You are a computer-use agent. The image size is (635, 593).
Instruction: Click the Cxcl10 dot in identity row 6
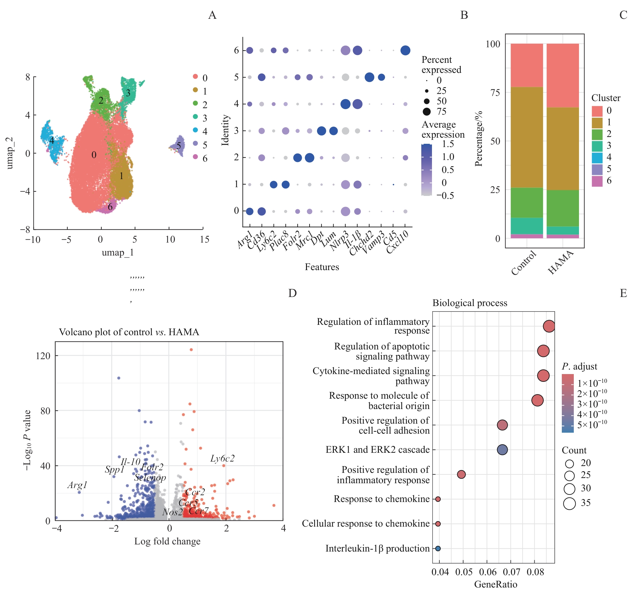[405, 50]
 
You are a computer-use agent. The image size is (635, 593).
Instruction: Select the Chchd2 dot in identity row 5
[369, 77]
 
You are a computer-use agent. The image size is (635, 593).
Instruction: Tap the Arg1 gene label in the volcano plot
[77, 485]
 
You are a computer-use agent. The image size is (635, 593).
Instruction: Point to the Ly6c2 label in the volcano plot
[222, 458]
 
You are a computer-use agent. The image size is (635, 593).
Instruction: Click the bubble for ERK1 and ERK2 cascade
[502, 450]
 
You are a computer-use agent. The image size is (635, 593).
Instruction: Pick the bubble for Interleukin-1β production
[438, 548]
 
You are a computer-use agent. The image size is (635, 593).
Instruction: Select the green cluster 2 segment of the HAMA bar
[562, 208]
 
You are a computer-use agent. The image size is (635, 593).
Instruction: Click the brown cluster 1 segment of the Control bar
[527, 137]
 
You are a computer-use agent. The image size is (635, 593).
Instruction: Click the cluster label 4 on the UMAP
[51, 141]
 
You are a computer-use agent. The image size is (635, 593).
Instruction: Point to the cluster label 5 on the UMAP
[178, 146]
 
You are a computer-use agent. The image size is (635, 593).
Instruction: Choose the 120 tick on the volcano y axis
[43, 356]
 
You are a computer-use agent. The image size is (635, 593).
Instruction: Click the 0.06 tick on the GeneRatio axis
[487, 572]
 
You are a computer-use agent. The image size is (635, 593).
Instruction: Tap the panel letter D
[292, 293]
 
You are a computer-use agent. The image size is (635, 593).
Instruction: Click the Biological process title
[470, 303]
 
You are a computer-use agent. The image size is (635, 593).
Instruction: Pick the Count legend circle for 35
[569, 503]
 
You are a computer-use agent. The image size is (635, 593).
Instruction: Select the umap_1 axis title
[118, 253]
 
